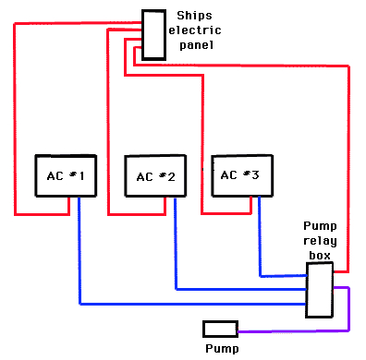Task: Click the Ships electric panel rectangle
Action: (x=153, y=35)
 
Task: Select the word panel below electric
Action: (x=195, y=43)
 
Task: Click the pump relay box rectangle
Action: (x=319, y=289)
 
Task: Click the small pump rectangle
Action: (x=220, y=329)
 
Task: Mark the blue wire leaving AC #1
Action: (x=79, y=268)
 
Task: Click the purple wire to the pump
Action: (x=348, y=314)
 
